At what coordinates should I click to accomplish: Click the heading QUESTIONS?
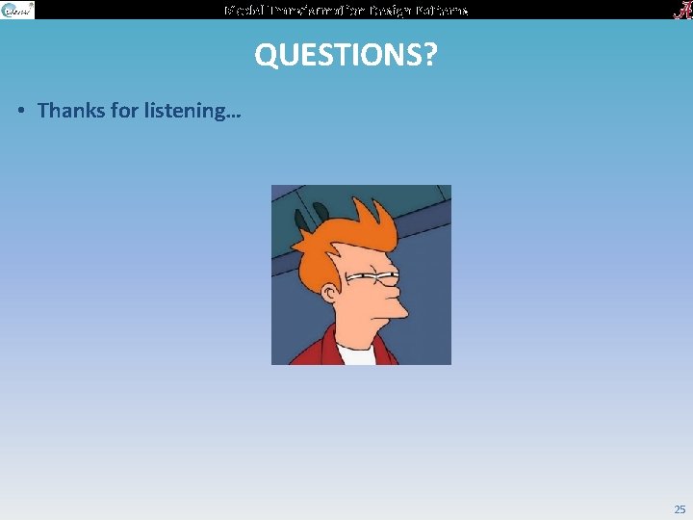pyautogui.click(x=345, y=56)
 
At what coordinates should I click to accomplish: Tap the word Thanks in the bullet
pyautogui.click(x=72, y=110)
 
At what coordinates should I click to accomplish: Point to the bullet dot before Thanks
pyautogui.click(x=21, y=111)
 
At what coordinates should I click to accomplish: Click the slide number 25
pyautogui.click(x=680, y=509)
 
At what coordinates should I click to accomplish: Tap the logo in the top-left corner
pyautogui.click(x=17, y=10)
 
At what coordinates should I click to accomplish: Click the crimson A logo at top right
pyautogui.click(x=680, y=10)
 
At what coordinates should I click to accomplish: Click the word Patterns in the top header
pyautogui.click(x=444, y=10)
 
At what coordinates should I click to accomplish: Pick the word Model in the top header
pyautogui.click(x=242, y=10)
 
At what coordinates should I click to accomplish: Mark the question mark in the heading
pyautogui.click(x=428, y=56)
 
